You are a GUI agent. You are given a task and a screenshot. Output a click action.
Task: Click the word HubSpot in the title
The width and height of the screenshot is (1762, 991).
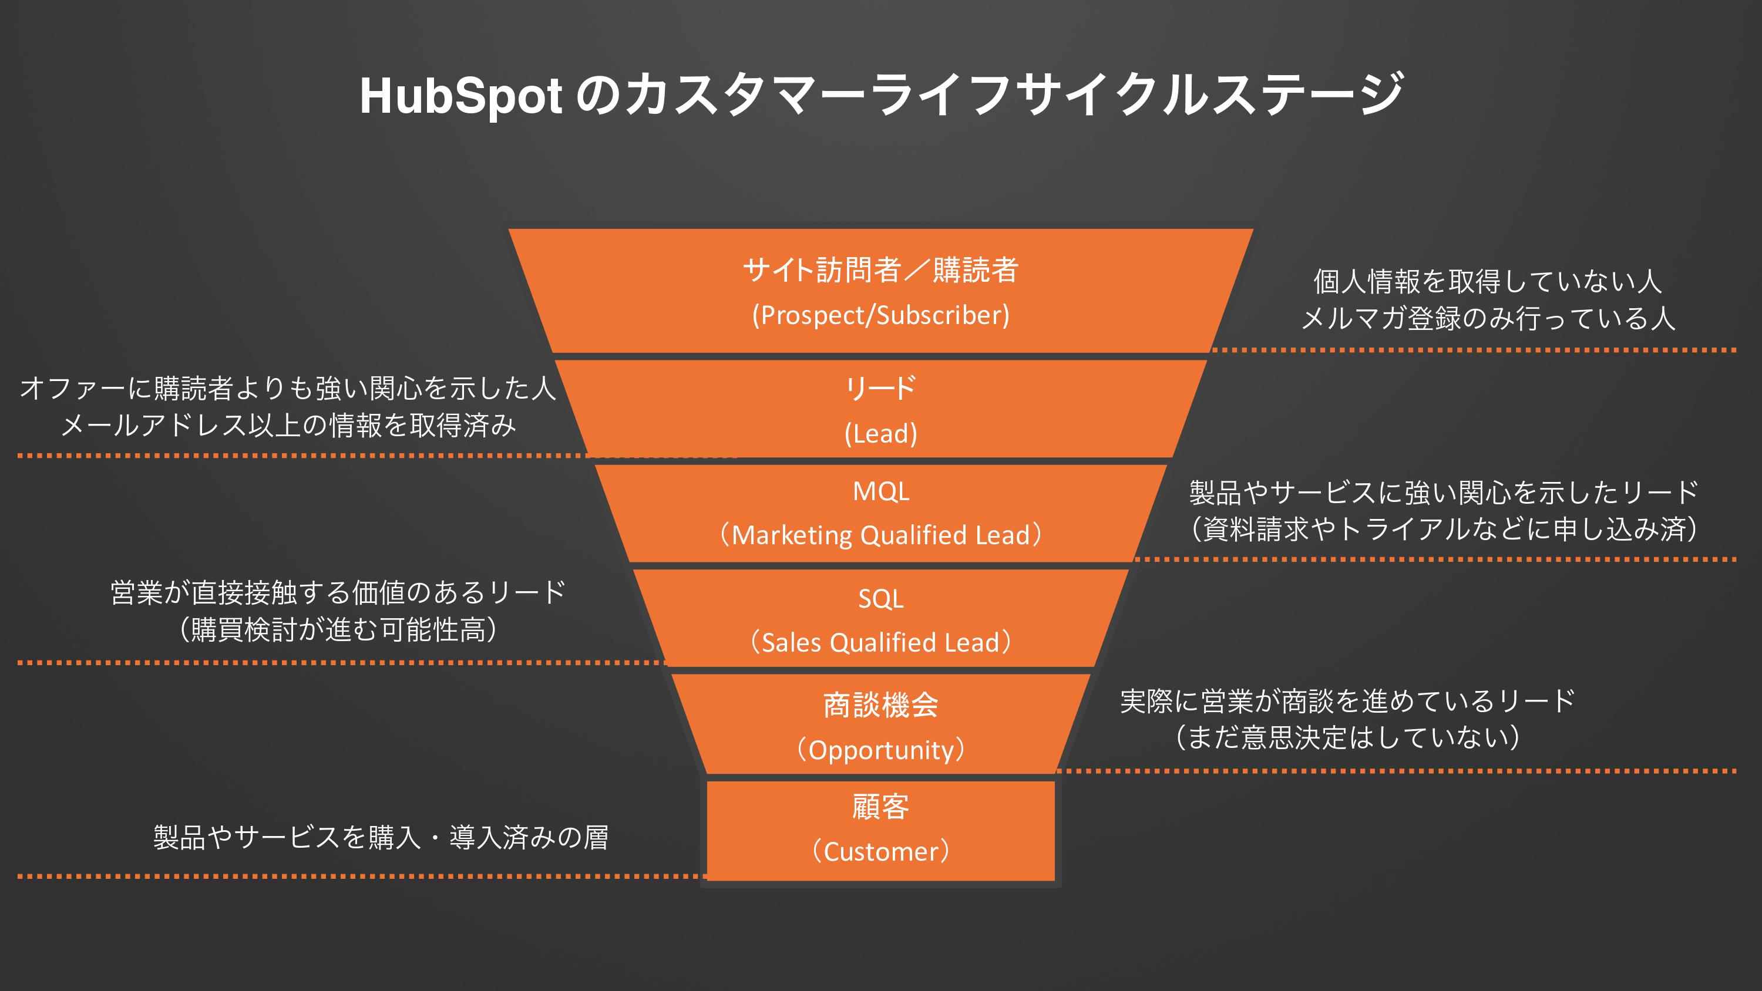pos(460,96)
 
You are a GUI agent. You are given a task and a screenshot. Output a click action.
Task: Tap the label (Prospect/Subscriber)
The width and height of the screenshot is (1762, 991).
pos(880,315)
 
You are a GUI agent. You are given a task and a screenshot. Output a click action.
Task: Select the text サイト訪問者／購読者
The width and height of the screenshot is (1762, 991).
pos(880,269)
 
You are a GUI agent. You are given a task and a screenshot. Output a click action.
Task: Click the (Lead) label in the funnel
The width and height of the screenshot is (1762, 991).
pos(880,434)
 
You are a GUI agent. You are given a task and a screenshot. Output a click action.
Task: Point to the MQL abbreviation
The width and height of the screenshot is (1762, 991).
pos(880,491)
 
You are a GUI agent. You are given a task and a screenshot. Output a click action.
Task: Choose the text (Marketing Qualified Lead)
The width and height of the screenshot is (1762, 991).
pos(880,535)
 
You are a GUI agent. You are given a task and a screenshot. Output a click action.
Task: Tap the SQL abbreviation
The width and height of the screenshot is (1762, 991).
pos(880,599)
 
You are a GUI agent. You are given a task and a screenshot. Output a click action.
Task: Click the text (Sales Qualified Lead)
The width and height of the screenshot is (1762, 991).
pos(880,643)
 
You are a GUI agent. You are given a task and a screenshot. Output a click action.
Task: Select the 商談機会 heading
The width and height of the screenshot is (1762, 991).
pos(880,705)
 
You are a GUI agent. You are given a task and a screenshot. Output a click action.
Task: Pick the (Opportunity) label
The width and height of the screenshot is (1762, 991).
pos(880,750)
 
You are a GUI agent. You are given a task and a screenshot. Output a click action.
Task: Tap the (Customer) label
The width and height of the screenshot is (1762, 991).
pos(880,851)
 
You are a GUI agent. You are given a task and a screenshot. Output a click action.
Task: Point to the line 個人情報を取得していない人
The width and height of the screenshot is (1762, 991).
pos(1487,281)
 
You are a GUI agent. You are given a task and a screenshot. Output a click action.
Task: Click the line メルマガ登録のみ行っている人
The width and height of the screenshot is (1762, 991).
pos(1487,318)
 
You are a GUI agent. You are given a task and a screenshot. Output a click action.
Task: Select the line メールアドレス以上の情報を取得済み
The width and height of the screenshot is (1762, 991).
pos(288,426)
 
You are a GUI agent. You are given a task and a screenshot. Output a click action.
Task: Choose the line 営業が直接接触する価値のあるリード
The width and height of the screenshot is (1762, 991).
pos(338,592)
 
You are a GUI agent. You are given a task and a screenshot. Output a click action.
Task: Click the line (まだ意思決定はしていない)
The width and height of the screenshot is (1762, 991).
pos(1347,737)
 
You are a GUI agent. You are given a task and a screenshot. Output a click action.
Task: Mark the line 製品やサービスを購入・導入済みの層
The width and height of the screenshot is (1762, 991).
pos(381,837)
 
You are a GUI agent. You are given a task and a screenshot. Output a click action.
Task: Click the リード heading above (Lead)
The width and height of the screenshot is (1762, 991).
pos(880,389)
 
